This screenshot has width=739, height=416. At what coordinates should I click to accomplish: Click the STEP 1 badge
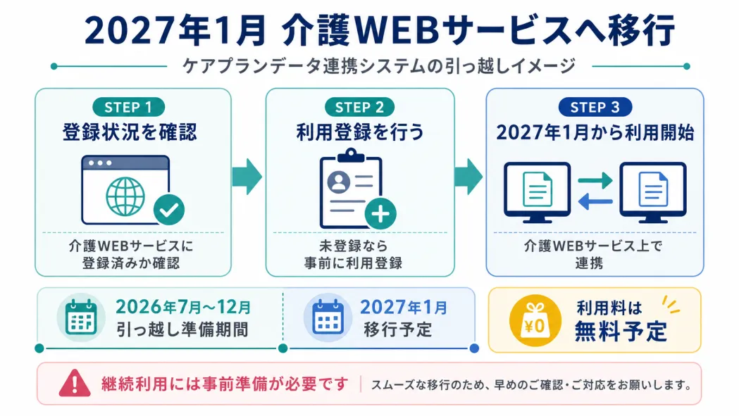coord(129,108)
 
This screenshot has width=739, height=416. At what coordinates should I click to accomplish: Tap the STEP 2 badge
coord(359,108)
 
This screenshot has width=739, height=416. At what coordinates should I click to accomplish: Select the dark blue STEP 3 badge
coord(595,108)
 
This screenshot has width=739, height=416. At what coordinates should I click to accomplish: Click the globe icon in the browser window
coord(125,196)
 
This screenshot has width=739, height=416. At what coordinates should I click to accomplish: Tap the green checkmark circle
coord(169,210)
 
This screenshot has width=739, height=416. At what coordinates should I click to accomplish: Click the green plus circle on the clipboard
coord(380,213)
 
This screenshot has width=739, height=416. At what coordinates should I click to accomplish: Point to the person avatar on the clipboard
coord(339,182)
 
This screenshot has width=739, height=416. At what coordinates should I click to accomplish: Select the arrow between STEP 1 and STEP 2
coord(247,177)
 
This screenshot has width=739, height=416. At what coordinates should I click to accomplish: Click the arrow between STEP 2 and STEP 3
coord(468,177)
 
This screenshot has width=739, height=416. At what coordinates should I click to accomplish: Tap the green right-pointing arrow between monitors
coord(595,180)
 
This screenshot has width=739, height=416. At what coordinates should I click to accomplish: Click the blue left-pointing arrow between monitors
coord(595,201)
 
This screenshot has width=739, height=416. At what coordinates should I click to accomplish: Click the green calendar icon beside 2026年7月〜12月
coord(81,317)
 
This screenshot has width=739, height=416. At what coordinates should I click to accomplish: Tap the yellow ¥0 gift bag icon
coord(535,321)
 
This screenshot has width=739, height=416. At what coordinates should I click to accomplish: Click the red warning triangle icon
coord(75,383)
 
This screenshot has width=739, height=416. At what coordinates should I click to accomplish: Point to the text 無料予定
coord(621,332)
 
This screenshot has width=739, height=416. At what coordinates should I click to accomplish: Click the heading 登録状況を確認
coord(130,132)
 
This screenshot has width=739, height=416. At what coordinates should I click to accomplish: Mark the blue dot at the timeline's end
coord(475,348)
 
